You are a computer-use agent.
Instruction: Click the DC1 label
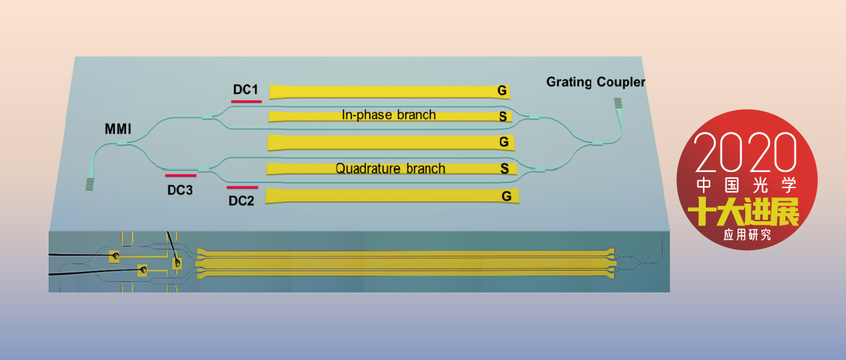(246, 90)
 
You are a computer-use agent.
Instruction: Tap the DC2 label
(241, 200)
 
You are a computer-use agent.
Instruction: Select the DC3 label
(180, 189)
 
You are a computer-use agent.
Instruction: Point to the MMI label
(118, 129)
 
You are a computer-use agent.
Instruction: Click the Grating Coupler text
(595, 82)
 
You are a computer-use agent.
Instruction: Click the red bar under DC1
(246, 101)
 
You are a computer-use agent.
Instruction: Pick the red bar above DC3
(180, 175)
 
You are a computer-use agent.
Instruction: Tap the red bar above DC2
(242, 187)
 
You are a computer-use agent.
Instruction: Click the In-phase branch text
(388, 115)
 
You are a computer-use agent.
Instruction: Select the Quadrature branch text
(390, 168)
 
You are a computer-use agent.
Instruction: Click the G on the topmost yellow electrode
(502, 91)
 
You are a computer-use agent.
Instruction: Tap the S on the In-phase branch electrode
(502, 116)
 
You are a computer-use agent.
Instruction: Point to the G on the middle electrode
(504, 142)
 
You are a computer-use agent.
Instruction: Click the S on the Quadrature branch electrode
(504, 169)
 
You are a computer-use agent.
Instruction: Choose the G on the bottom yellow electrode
(506, 197)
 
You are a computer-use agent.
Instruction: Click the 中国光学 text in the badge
(746, 185)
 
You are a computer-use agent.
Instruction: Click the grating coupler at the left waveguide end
(90, 184)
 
